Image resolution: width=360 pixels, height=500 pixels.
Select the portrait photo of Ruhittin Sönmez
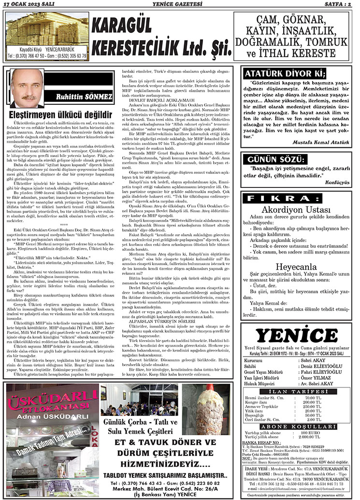pos(28,88)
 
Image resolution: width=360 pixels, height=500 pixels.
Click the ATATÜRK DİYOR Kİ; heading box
pos(285,74)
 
